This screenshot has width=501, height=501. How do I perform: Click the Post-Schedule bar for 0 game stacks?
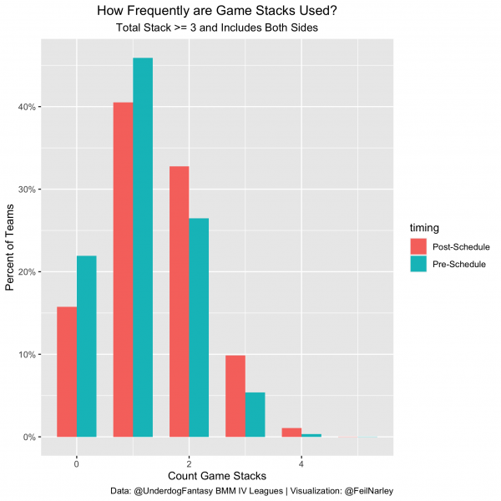[67, 372]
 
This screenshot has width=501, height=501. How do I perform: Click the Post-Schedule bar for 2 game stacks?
[179, 301]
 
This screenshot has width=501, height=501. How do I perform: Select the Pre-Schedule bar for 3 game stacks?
[255, 414]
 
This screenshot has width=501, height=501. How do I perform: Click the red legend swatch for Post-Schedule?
[418, 246]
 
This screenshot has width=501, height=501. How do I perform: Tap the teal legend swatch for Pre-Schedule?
[418, 265]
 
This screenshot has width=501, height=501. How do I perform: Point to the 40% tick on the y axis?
[27, 107]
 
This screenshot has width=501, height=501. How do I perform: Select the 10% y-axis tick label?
[27, 355]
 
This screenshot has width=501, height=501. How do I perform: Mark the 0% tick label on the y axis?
[29, 437]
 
